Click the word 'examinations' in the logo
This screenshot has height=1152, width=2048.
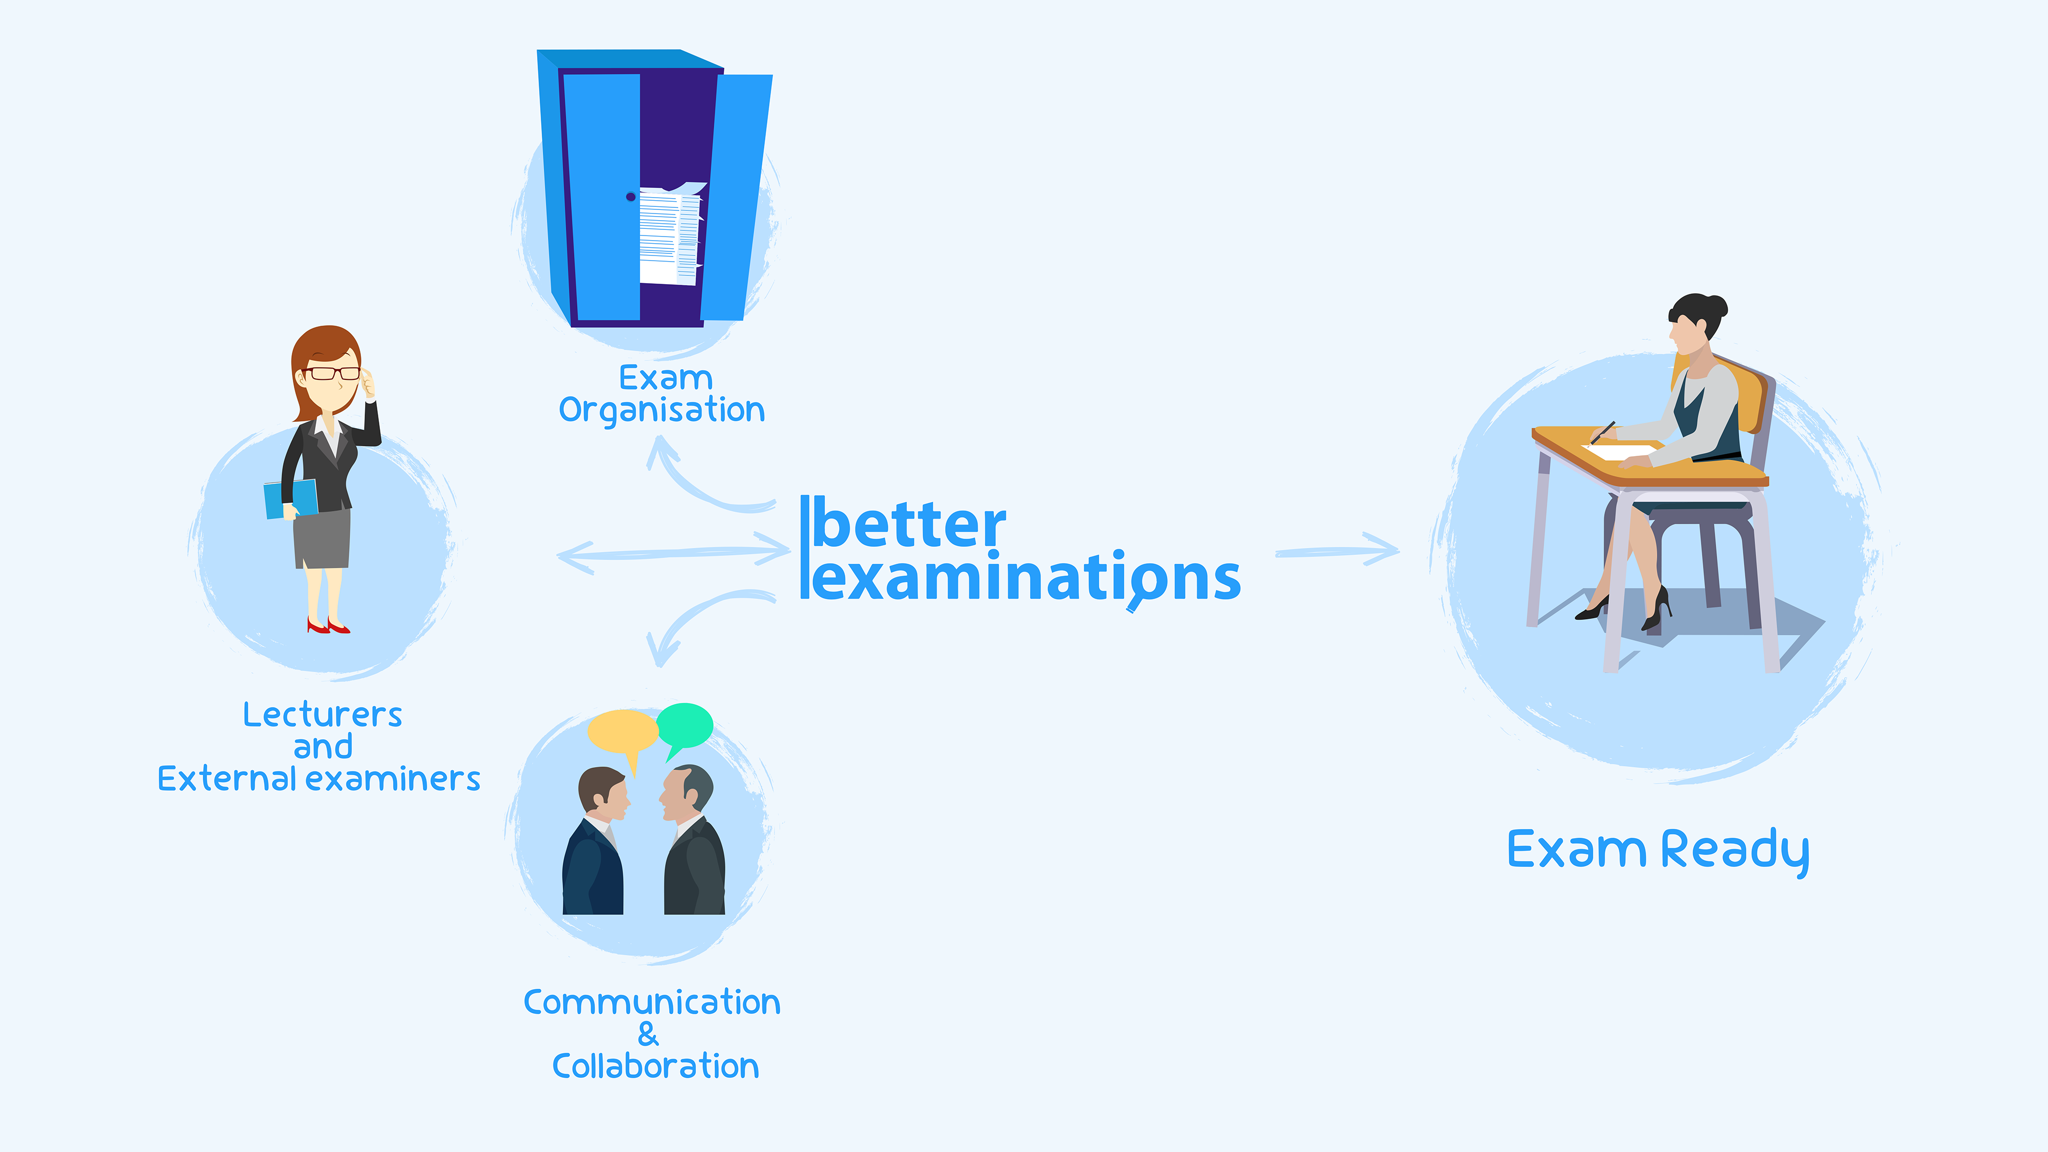[1026, 579]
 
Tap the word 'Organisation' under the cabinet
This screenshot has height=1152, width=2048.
[662, 410]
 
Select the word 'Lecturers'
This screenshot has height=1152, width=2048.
[323, 715]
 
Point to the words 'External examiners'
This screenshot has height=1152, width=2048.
[319, 779]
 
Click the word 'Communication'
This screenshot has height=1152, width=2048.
[652, 1002]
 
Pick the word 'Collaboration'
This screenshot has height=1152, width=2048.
[655, 1066]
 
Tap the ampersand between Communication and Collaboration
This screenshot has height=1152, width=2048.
[648, 1034]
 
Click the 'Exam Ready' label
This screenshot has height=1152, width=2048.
[1658, 850]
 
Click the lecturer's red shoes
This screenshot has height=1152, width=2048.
[328, 627]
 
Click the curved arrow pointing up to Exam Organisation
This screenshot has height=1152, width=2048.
[692, 481]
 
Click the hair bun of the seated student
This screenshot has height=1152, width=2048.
[1717, 306]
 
